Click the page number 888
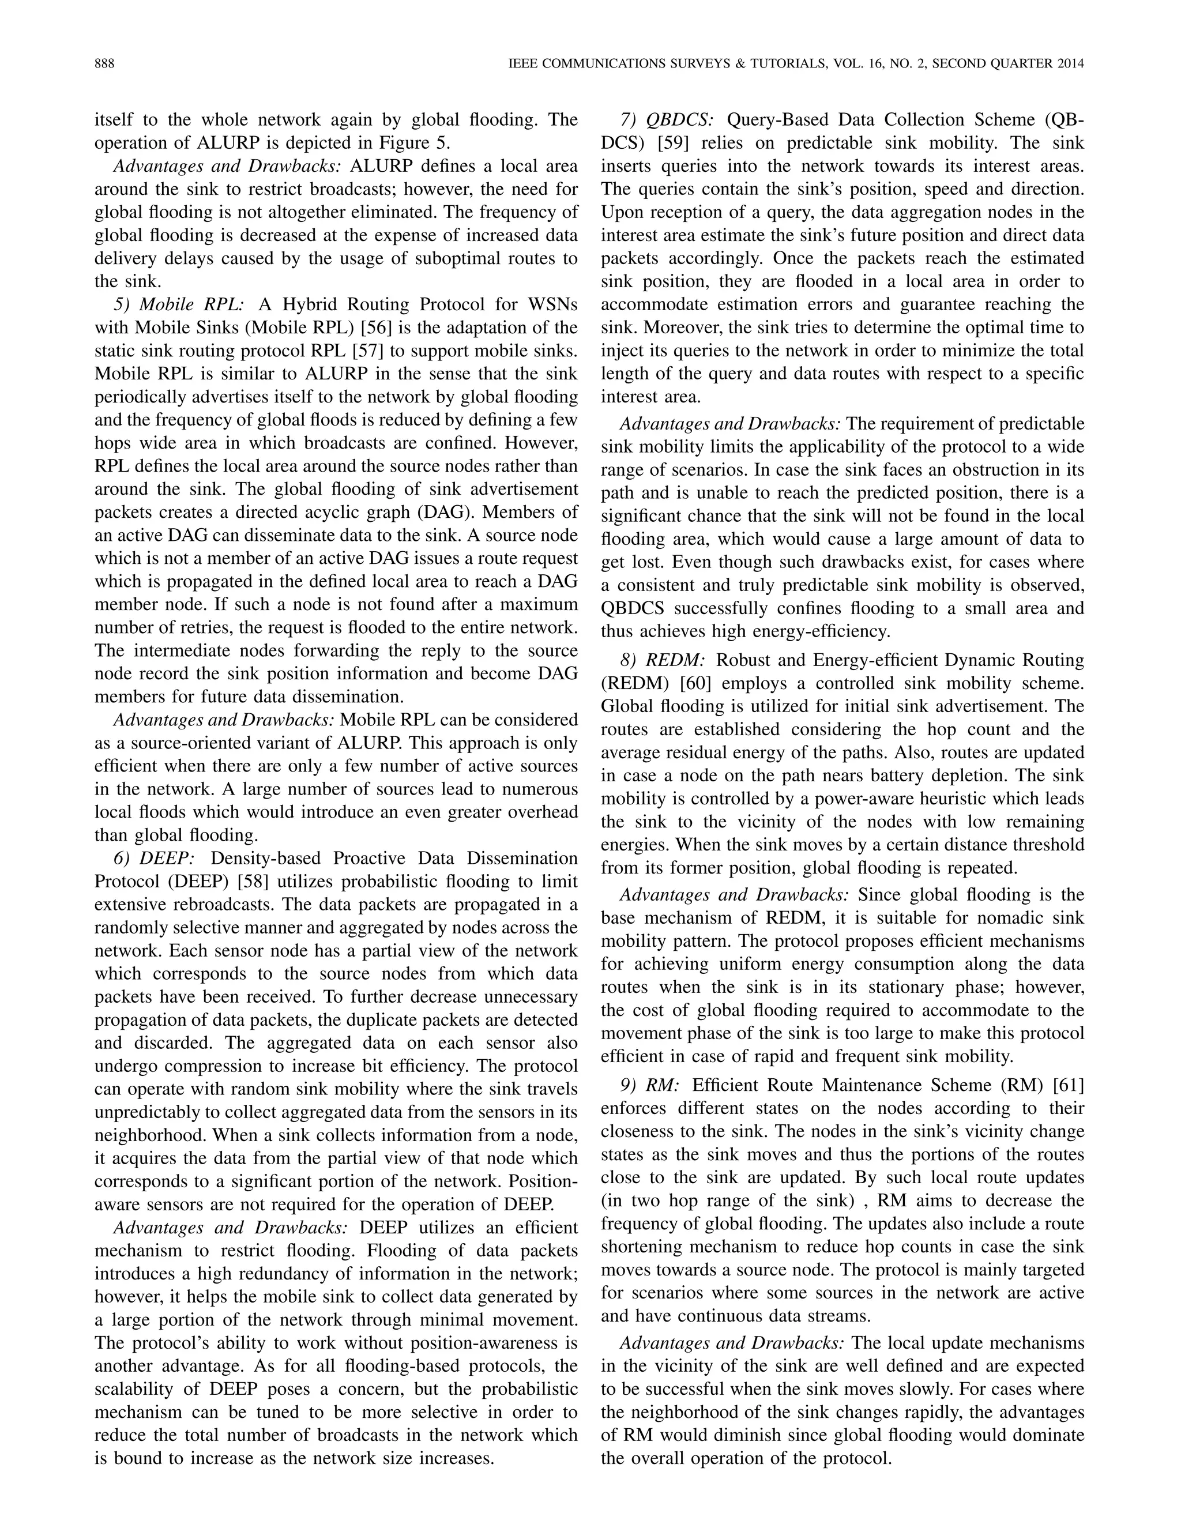tap(104, 63)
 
